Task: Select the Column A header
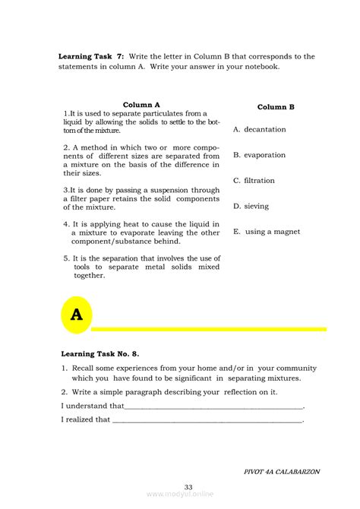(x=141, y=105)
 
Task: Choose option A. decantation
(x=260, y=130)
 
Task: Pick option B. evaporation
(x=260, y=155)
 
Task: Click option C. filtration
(x=254, y=181)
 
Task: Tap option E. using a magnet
(x=267, y=232)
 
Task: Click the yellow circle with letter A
(x=76, y=314)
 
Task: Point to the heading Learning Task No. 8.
(x=99, y=353)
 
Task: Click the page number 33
(x=188, y=487)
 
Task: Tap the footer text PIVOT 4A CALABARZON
(x=282, y=472)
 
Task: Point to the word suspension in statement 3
(x=172, y=190)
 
